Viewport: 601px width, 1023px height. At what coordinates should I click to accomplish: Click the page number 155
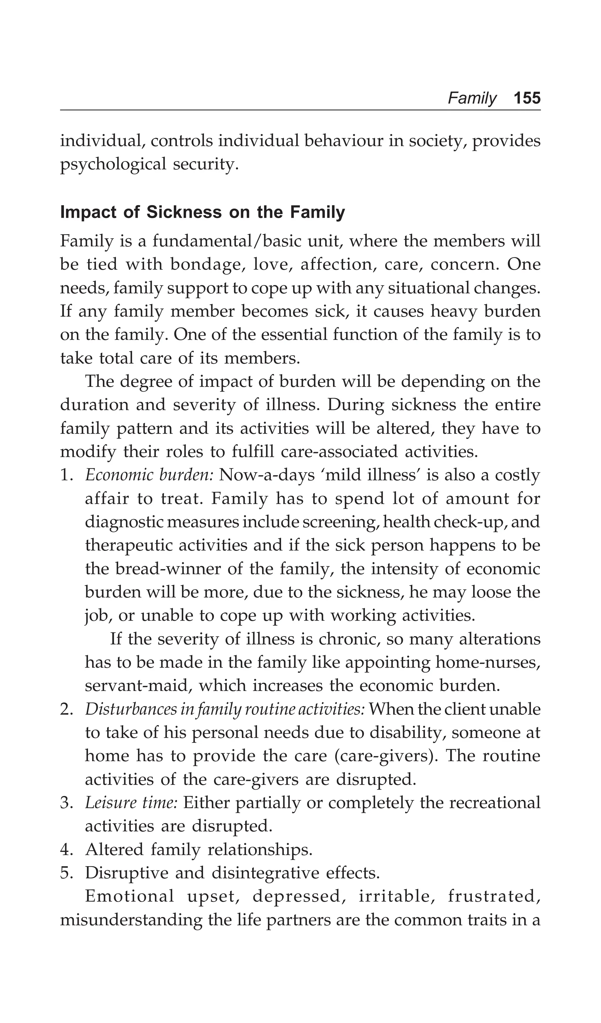point(527,98)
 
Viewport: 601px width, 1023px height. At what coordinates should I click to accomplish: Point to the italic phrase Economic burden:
point(149,475)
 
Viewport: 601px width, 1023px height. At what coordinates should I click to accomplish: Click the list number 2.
point(66,710)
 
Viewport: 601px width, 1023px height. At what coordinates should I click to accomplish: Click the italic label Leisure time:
point(131,803)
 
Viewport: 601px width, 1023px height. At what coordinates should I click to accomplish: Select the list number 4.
point(66,850)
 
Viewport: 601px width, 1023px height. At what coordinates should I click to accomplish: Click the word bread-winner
point(168,569)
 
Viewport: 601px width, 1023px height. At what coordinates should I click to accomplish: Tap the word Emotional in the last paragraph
point(129,897)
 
